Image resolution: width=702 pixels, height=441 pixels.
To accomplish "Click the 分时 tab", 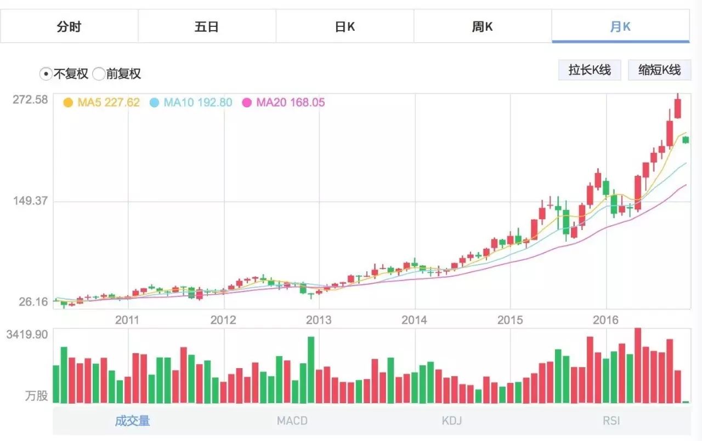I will pos(69,26).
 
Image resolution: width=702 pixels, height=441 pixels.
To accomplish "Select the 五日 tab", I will pos(207,26).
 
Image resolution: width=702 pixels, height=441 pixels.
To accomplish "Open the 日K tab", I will pos(345,26).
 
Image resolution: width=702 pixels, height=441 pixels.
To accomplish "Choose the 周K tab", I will pos(483,26).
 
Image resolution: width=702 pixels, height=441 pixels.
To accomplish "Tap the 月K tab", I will pos(620,26).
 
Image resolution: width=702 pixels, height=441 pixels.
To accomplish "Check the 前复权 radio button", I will pos(99,73).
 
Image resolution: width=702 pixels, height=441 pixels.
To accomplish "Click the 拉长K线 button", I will pos(590,70).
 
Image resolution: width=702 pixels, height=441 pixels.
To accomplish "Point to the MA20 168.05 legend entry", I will pos(284,102).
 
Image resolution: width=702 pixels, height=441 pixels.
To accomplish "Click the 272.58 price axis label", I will pos(30,100).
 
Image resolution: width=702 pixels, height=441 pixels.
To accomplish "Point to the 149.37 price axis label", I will pos(30,201).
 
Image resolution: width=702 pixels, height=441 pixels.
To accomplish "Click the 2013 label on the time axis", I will pos(319,320).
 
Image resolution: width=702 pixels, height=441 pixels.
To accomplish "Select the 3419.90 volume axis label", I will pos(27,334).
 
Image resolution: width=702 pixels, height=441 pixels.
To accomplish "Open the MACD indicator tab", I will pos(292,421).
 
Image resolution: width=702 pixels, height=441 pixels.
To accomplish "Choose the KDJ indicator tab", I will pos(452,421).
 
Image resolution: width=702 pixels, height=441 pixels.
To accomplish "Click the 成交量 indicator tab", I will pos(132,421).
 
